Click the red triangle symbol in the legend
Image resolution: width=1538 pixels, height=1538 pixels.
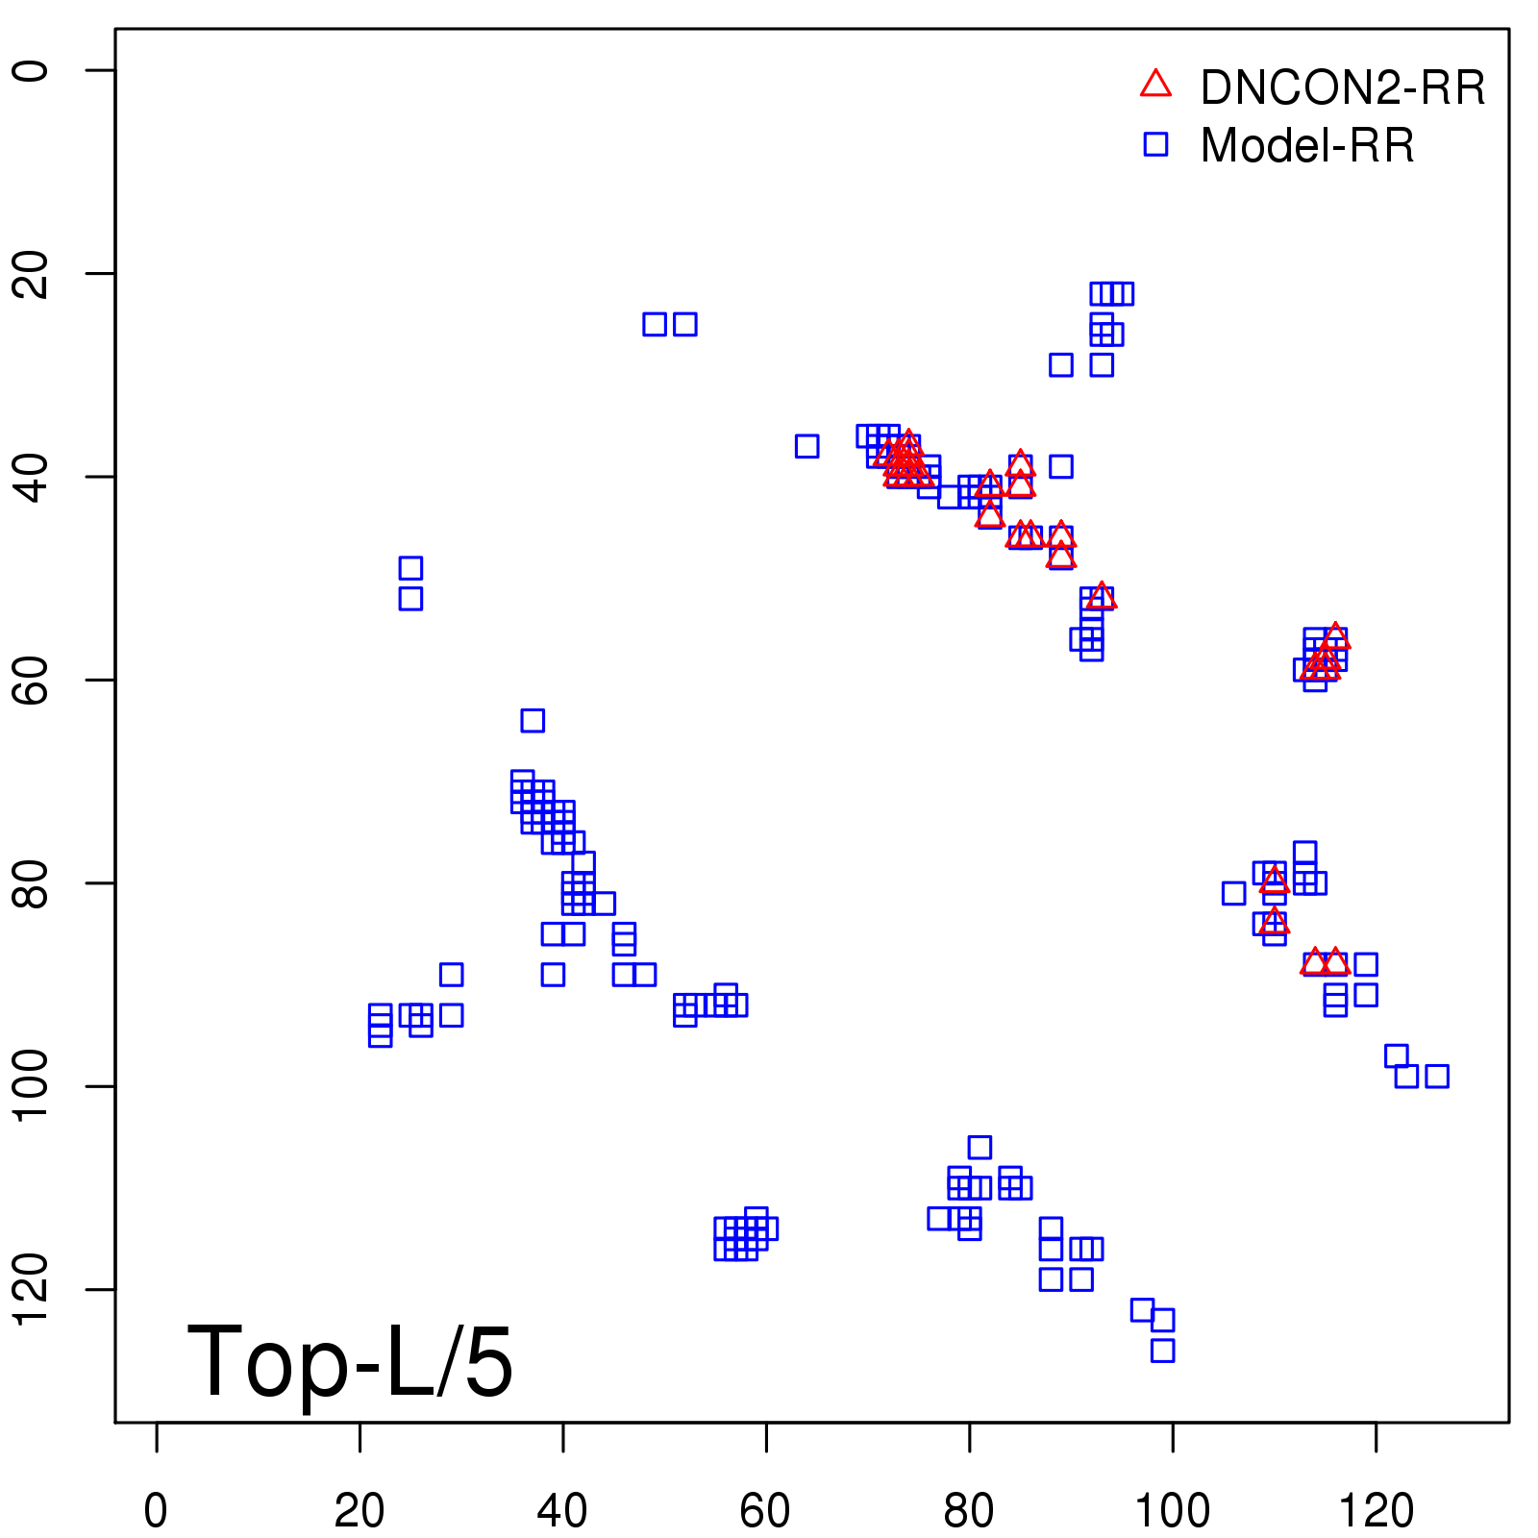[1155, 85]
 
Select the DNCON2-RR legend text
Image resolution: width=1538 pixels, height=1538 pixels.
[1343, 88]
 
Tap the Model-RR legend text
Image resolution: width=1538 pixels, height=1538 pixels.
[1307, 146]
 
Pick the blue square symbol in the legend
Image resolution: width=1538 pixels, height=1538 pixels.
[1155, 144]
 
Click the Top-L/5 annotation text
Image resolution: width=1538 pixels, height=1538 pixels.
[350, 1361]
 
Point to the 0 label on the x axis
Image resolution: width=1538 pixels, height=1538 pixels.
[156, 1510]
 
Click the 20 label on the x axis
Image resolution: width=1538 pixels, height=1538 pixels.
[360, 1510]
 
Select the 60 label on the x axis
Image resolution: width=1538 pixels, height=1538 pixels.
[766, 1510]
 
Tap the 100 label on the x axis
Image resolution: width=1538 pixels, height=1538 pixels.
[1173, 1510]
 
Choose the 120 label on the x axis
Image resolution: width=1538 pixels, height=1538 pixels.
[1377, 1510]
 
